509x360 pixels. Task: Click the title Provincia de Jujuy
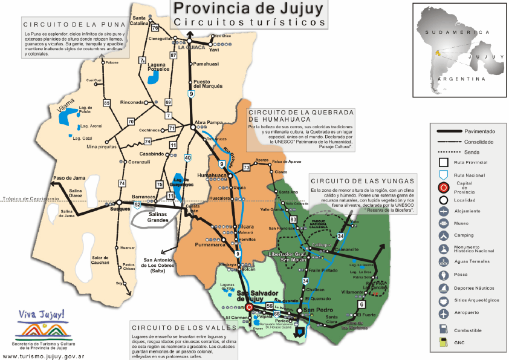(248, 8)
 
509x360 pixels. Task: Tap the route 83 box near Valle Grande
(293, 219)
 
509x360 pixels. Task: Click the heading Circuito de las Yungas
(361, 180)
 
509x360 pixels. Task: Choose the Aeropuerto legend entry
(473, 314)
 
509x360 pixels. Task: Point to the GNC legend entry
(460, 342)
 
